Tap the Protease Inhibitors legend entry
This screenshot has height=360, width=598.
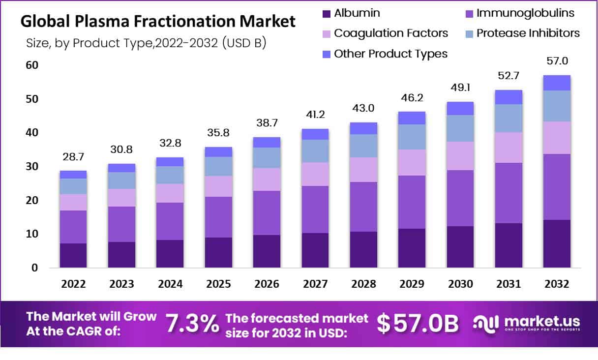click(522, 33)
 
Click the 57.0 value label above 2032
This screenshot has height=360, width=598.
click(557, 61)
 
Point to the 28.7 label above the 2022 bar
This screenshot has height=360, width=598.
click(73, 157)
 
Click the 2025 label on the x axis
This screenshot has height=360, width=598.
click(218, 284)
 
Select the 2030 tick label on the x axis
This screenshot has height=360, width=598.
click(460, 284)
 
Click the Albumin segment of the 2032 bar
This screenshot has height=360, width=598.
click(557, 243)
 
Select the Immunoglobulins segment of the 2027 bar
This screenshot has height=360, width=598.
click(315, 210)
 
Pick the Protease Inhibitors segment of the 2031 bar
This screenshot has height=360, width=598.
click(508, 118)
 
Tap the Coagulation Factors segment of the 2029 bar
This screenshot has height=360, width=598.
click(412, 162)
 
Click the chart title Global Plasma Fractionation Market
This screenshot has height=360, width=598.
click(158, 22)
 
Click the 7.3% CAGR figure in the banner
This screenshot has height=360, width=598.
click(192, 323)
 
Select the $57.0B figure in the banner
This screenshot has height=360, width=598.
click(418, 323)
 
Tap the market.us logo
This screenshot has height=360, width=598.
click(526, 323)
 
